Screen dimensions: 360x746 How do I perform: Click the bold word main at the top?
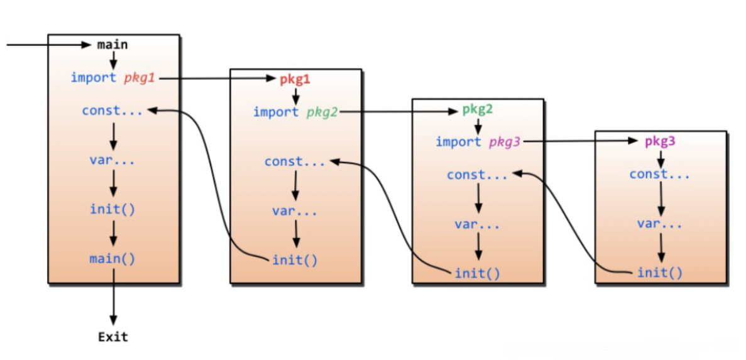coord(112,45)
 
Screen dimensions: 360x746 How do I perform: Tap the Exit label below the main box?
coord(113,337)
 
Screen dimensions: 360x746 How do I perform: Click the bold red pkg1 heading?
coord(295,79)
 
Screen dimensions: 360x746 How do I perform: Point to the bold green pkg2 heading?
coord(478,109)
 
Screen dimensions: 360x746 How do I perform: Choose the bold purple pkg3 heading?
coord(660,141)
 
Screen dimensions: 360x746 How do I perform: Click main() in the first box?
coord(112,258)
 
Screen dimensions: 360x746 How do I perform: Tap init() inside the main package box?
coord(112,209)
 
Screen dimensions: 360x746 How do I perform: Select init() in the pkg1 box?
coord(295,260)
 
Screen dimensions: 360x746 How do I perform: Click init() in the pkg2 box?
coord(478,273)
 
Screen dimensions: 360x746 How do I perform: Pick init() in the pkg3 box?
coord(660,273)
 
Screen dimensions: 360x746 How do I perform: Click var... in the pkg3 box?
coord(660,224)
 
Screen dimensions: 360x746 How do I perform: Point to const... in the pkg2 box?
coord(477,175)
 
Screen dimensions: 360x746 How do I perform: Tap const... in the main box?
coord(112,111)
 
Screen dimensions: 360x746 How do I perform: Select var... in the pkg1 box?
coord(295,211)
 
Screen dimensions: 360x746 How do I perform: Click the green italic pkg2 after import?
coord(322,112)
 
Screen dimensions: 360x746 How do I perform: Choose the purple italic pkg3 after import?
coord(505,142)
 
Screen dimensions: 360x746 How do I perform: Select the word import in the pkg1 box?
coord(276,112)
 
